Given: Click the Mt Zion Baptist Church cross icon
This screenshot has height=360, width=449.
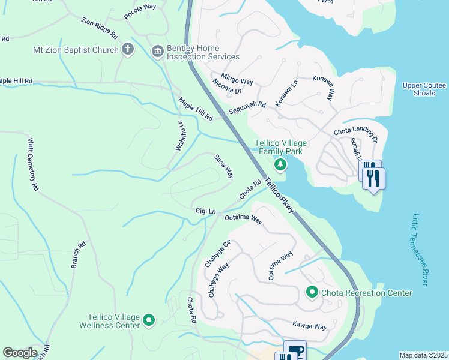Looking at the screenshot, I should [127, 49].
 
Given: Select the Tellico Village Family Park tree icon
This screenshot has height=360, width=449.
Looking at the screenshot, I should [279, 164].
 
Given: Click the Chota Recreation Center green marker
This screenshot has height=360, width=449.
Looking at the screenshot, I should [312, 292].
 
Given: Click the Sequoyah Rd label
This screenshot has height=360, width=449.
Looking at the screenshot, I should [246, 109].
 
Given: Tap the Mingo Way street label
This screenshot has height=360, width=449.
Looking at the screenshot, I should [237, 79].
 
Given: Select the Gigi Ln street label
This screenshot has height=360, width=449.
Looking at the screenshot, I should [205, 211].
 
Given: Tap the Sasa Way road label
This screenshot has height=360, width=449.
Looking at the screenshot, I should [224, 166].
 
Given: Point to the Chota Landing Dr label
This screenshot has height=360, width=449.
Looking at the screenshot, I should [356, 132].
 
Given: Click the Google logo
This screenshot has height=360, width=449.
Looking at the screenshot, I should [20, 353].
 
